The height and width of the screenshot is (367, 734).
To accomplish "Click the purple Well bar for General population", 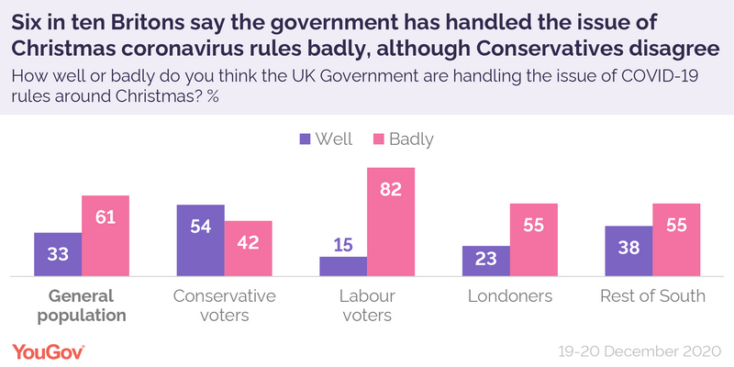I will tap(58, 254).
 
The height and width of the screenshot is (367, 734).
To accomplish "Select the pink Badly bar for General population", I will tap(106, 236).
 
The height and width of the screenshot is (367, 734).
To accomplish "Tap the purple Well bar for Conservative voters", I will tap(201, 240).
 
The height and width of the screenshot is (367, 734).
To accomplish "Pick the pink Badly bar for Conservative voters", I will tap(249, 249).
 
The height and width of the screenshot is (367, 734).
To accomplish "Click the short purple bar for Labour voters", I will tap(343, 266).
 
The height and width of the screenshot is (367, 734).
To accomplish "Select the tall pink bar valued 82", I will tap(391, 222).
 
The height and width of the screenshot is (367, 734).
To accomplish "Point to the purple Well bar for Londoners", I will tap(486, 261).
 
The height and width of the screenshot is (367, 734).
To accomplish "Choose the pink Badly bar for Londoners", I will tap(534, 239).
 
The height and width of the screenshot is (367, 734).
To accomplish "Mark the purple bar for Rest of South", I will tap(628, 250).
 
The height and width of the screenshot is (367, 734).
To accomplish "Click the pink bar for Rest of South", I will tap(676, 239).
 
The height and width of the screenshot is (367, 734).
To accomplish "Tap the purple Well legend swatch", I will tap(305, 140).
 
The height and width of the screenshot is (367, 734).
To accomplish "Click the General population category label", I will tap(82, 306).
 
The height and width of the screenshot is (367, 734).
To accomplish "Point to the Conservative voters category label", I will tap(225, 306).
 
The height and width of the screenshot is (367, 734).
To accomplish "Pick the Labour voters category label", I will tap(367, 306).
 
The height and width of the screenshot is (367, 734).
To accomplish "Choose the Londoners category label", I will tap(510, 296).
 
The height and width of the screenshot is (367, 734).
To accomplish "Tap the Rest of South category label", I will tap(652, 296).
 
